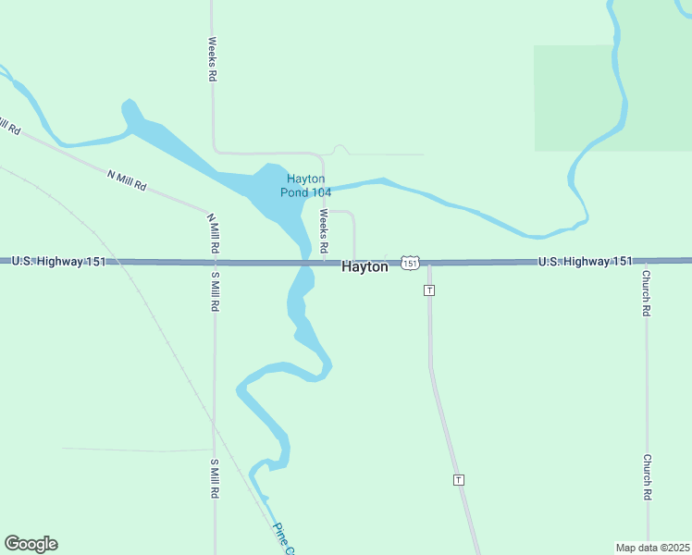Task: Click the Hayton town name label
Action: click(x=365, y=266)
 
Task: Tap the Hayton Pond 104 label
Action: click(x=305, y=186)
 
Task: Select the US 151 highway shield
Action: click(x=411, y=264)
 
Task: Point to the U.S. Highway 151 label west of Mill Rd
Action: click(x=59, y=262)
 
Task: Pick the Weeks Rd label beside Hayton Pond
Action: click(x=324, y=231)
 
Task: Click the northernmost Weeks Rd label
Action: click(x=212, y=59)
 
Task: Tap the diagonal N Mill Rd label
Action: click(x=128, y=179)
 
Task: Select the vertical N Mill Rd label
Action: click(x=214, y=233)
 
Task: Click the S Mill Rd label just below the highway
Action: click(x=214, y=290)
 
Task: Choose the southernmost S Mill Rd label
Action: click(x=214, y=479)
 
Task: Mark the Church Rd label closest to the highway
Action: click(x=647, y=293)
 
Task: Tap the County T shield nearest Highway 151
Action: click(x=429, y=290)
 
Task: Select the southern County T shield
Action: click(x=458, y=479)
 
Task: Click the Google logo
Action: click(x=31, y=544)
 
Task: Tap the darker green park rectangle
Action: click(x=612, y=97)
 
